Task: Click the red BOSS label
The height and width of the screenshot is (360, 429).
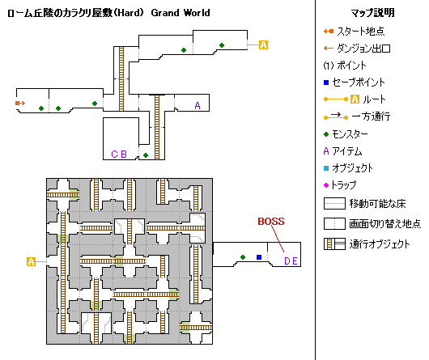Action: click(271, 221)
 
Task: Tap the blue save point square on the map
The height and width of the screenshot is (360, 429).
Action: click(259, 257)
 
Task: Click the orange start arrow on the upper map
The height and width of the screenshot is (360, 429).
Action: click(20, 103)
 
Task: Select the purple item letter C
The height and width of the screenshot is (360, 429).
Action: click(114, 155)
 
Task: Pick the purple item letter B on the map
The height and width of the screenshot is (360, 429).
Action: click(124, 155)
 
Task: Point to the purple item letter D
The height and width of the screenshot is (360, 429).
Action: click(287, 261)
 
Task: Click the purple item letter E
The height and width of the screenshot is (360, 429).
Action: click(295, 261)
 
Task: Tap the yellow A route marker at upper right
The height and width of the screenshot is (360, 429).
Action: click(263, 44)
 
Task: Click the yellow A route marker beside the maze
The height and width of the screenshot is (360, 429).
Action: click(32, 261)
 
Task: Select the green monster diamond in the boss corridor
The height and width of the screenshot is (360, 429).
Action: click(243, 257)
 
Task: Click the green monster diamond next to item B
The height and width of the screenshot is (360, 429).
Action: click(146, 155)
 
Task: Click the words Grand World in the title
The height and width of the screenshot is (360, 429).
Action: click(181, 13)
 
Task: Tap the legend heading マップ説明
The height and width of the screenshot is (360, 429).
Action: click(372, 13)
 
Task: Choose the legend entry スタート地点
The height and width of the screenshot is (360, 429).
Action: click(360, 32)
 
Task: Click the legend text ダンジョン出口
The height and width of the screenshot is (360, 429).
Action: click(363, 49)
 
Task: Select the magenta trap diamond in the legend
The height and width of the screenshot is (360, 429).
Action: click(326, 185)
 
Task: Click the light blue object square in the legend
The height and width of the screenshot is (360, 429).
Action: click(326, 168)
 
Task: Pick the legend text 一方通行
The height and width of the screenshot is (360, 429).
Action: click(371, 116)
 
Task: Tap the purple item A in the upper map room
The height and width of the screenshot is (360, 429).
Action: click(198, 105)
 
